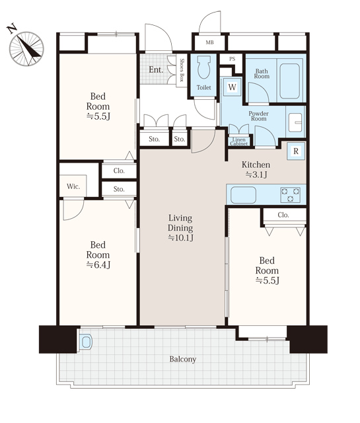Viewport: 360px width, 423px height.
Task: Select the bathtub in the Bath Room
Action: tap(289, 81)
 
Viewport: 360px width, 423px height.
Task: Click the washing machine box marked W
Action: tap(232, 87)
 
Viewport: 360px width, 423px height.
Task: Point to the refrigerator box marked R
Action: tap(296, 151)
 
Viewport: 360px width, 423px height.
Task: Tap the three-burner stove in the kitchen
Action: tap(291, 195)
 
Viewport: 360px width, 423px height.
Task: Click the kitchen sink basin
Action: tap(243, 195)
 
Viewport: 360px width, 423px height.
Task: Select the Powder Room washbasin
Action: tap(295, 123)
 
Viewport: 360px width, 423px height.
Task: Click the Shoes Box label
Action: tap(182, 70)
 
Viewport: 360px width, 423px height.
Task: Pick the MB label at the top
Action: tap(210, 42)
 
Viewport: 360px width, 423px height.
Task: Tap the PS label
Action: tap(232, 59)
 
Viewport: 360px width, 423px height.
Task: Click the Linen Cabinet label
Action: tap(239, 141)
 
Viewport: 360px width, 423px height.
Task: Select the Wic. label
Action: tap(73, 186)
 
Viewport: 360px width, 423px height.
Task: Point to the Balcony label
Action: tap(183, 359)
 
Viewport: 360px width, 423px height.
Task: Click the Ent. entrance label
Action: tap(156, 70)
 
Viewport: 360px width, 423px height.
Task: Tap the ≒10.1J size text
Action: tap(181, 238)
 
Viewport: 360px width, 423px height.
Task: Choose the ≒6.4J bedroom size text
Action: tap(98, 265)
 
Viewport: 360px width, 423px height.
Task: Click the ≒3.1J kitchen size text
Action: tap(256, 174)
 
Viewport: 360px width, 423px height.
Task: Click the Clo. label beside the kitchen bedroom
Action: tap(283, 215)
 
